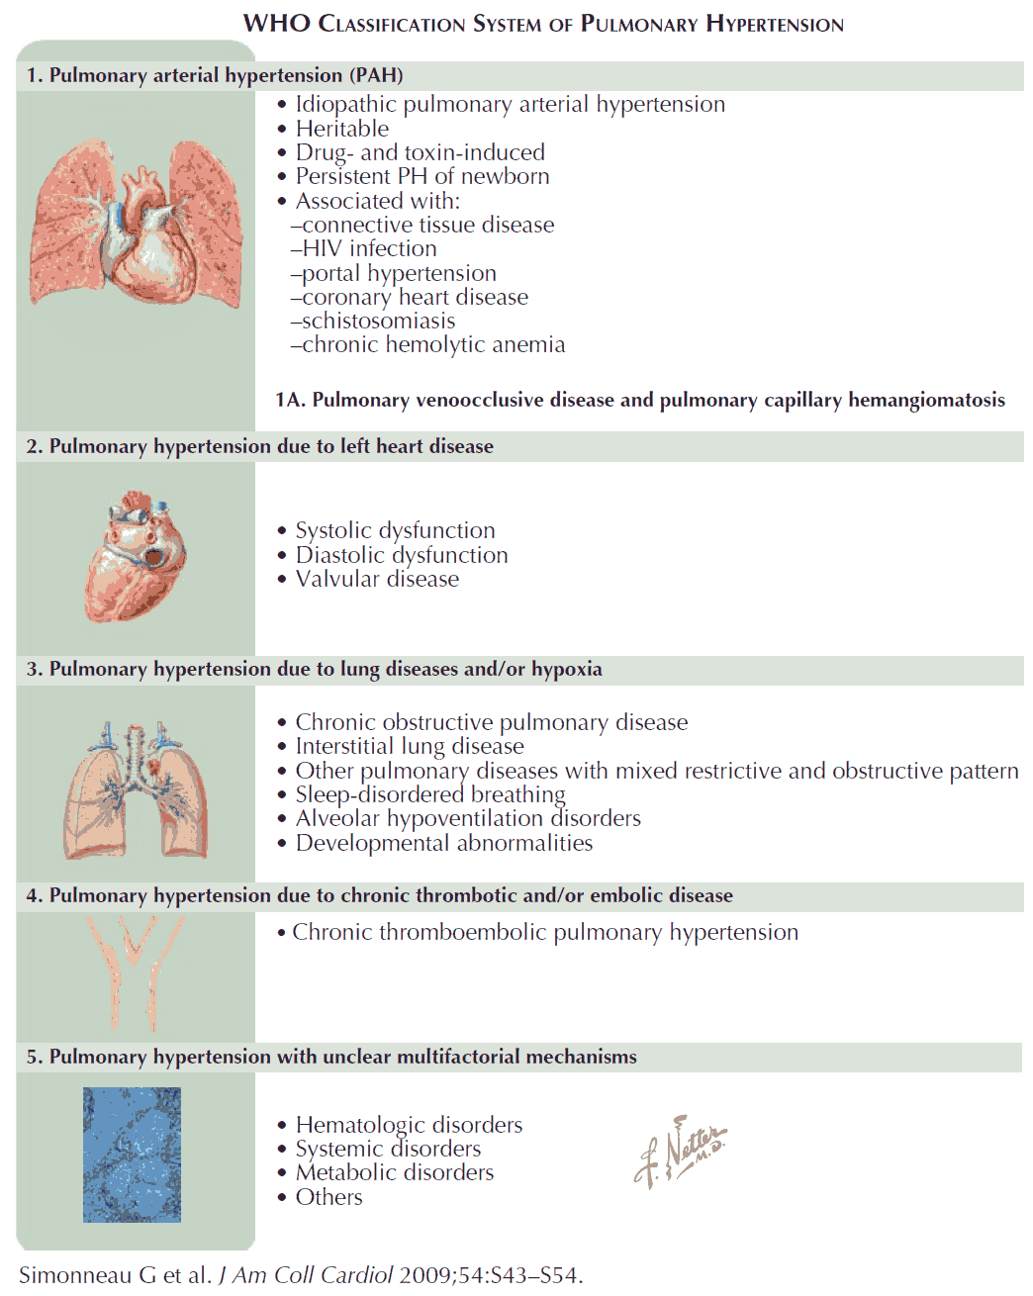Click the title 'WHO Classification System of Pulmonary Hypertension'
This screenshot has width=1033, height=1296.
(543, 24)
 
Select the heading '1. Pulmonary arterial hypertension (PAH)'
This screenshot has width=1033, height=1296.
(215, 75)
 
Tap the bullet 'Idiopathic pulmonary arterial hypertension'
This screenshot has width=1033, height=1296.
(510, 104)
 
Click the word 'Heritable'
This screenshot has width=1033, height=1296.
(341, 129)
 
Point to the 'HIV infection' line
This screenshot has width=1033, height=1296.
(368, 248)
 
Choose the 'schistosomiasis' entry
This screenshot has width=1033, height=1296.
(378, 321)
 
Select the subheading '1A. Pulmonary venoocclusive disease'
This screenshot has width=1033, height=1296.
(639, 400)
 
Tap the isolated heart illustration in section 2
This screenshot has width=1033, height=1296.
(136, 556)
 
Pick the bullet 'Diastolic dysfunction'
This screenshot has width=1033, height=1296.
(401, 555)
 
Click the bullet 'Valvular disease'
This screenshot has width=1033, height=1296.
(377, 579)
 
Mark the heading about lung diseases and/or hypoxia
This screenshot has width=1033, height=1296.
(314, 669)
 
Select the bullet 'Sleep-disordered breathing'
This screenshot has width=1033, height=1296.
(429, 794)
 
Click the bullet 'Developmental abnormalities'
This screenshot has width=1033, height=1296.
(443, 843)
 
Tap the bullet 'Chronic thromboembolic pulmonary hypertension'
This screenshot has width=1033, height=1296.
(544, 932)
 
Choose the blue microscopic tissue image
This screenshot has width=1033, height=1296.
(132, 1155)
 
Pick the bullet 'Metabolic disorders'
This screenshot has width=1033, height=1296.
(394, 1172)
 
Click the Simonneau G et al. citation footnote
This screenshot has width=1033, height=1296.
(301, 1275)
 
